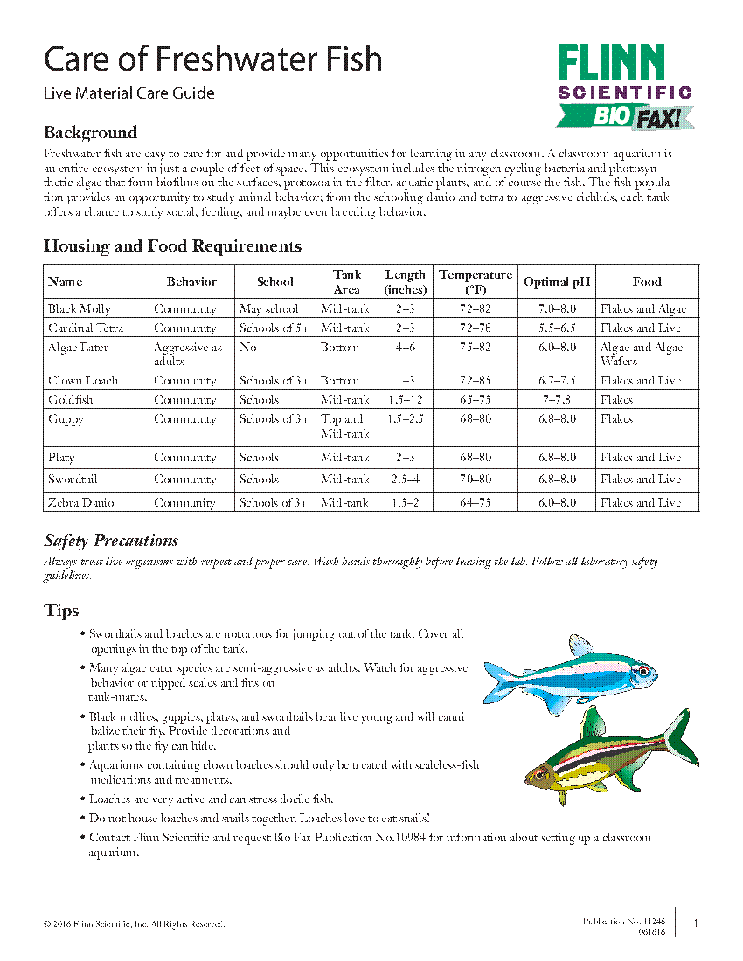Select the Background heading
coord(90,133)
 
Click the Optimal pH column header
coord(557,282)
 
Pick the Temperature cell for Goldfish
coord(476,400)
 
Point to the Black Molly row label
coord(80,309)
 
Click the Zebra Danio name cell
coord(81,503)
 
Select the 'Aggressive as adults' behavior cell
coord(188,354)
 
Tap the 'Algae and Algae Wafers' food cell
coord(642,354)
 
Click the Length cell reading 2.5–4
coord(405,480)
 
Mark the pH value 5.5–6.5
coord(557,328)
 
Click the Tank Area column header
coord(346,282)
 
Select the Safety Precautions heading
coord(111,541)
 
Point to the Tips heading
coord(61,611)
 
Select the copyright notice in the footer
coord(134,924)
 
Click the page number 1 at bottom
coord(695,923)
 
